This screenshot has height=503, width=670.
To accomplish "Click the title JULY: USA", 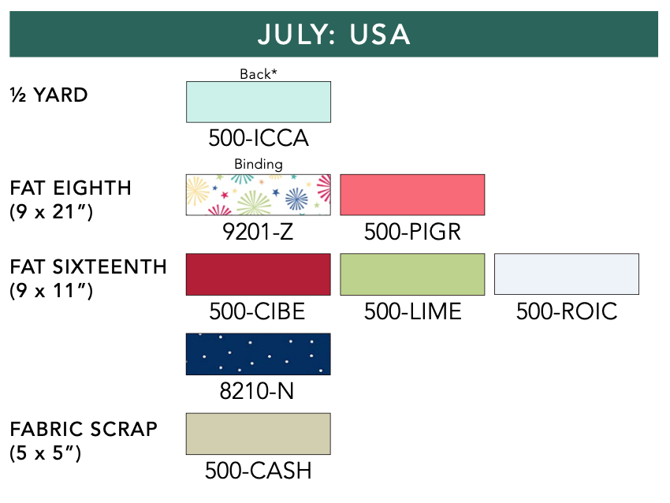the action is (333, 34).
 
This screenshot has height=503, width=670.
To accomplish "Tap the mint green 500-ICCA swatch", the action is (258, 102).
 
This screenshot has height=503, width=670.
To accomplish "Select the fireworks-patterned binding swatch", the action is (258, 195).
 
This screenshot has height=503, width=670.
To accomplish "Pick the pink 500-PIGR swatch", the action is (412, 195).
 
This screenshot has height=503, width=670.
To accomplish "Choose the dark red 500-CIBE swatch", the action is (258, 274).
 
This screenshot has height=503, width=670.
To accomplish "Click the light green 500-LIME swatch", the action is (412, 274).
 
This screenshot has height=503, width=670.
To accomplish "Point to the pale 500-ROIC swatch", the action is (567, 274).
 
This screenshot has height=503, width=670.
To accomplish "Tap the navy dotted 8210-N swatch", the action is (258, 354).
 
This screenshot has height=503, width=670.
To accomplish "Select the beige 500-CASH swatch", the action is (258, 434).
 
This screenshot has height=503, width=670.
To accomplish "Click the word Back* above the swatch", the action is (258, 74).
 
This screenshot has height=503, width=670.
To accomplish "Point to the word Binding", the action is (258, 164).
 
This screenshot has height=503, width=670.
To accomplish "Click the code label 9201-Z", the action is (258, 232).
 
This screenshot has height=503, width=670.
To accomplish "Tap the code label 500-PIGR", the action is (412, 232).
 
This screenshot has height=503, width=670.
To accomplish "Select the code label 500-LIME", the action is (412, 311).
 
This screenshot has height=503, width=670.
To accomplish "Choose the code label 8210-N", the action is (257, 391).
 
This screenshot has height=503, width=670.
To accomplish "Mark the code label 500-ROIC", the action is (567, 311).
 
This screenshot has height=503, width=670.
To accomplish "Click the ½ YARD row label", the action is (49, 95).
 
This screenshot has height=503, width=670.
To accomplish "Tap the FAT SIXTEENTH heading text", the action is (88, 266).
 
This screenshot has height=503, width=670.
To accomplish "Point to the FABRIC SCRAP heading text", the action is (84, 429).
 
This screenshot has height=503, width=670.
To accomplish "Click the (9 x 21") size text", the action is (51, 211).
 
